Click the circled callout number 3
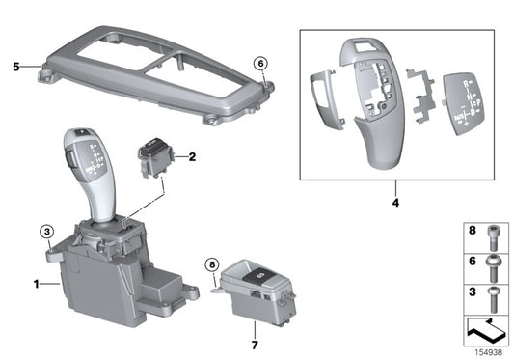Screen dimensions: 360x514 pyautogui.click(x=47, y=231)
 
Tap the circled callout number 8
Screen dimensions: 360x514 pyautogui.click(x=213, y=263)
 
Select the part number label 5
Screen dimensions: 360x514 pyautogui.click(x=15, y=68)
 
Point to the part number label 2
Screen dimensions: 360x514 pyautogui.click(x=192, y=155)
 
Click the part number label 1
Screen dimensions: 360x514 pyautogui.click(x=37, y=284)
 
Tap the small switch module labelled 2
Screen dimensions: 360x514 pyautogui.click(x=156, y=157)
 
